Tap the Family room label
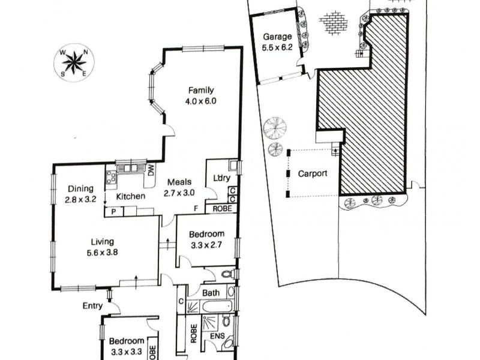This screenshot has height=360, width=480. [x=201, y=91]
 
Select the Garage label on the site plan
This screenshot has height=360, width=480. [x=277, y=35]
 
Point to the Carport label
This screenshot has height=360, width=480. [x=313, y=174]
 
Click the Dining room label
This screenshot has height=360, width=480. [x=80, y=187]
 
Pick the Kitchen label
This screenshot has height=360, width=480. [x=131, y=196]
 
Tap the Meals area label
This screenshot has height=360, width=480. [x=180, y=183]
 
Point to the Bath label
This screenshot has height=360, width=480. [x=210, y=293]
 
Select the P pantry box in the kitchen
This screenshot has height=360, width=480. [x=112, y=211]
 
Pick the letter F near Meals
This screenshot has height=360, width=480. [x=195, y=208]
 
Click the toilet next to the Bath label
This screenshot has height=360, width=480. [x=227, y=275]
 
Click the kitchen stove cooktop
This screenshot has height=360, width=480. [x=110, y=176]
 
